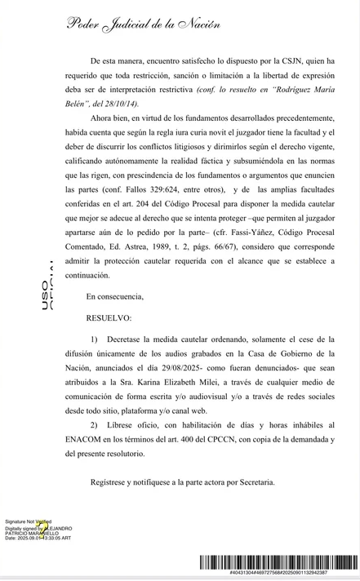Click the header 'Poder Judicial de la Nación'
pos(144,24)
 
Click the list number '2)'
pos(96,425)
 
